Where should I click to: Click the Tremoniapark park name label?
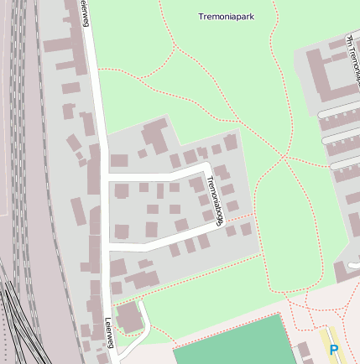[227, 16]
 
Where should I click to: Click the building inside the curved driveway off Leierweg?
[129, 316]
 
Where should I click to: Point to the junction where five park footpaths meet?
[284, 157]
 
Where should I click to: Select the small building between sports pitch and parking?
[303, 350]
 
